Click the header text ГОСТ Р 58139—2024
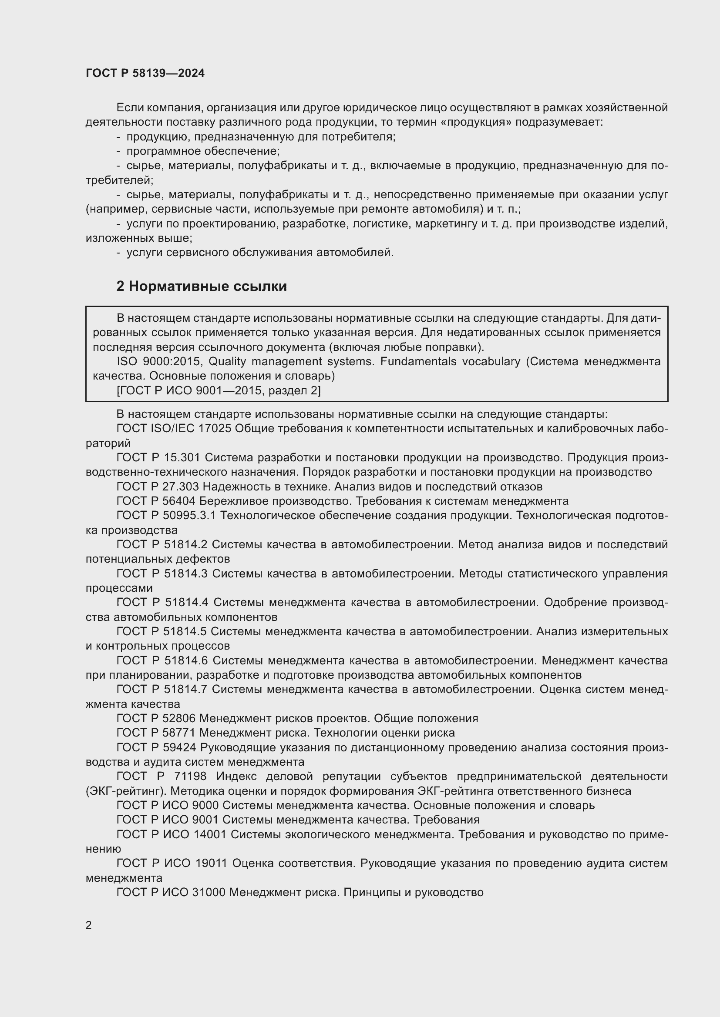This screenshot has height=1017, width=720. pos(145,73)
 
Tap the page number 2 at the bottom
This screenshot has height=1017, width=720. pos(89,925)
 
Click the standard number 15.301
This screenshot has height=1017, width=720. pos(182,457)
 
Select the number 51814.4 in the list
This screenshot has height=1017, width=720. pos(186,602)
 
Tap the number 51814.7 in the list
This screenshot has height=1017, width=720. pos(186,689)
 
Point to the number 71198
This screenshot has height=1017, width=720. pos(189,776)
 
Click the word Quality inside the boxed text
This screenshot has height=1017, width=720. pos(227,361)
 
